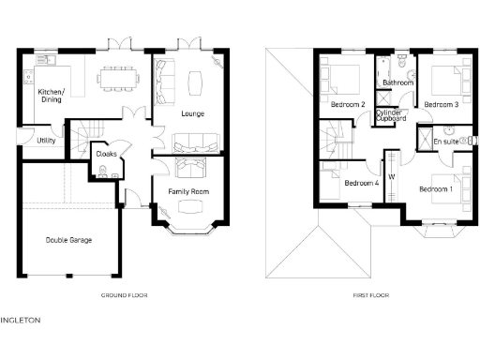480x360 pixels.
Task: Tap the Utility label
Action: coord(46,141)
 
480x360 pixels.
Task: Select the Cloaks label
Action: coord(106,153)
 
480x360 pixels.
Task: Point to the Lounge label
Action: coord(192,114)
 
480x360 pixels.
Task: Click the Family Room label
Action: coord(188,191)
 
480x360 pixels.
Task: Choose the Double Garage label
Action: coord(69,240)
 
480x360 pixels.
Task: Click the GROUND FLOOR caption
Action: coord(124,295)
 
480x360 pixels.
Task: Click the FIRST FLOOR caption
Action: coord(371,295)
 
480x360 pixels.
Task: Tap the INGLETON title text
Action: coord(21,321)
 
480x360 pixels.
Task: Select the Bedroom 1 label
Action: coord(436,189)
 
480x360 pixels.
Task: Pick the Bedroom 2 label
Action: coord(348,105)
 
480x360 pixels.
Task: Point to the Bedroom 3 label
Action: coord(441,105)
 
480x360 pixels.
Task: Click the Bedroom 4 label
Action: coord(362,183)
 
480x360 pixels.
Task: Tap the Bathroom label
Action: coord(397,82)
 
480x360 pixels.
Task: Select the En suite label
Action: coord(445,141)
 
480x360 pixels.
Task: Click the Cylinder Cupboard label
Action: coord(390,116)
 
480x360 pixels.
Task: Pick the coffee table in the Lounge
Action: coord(195,83)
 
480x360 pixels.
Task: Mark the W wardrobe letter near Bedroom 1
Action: coord(393,175)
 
